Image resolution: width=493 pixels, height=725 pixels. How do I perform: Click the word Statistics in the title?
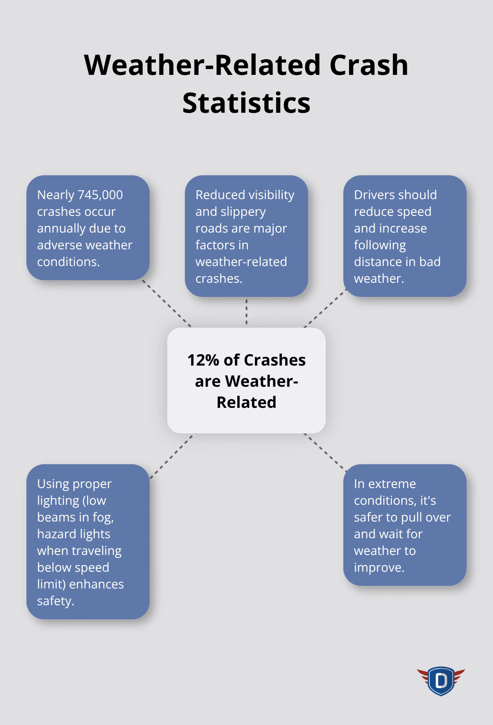tap(246, 103)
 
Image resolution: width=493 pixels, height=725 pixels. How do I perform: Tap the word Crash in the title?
tap(369, 65)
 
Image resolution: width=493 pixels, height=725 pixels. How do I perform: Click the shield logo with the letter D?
tap(441, 681)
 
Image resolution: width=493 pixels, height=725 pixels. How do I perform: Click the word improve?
tap(379, 568)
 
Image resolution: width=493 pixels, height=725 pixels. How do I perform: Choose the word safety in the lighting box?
tap(55, 601)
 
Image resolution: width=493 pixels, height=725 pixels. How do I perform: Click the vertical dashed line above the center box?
tap(246, 312)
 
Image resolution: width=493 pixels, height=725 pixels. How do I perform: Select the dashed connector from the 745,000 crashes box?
tap(166, 303)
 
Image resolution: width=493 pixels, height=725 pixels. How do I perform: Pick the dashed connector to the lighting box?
tap(172, 456)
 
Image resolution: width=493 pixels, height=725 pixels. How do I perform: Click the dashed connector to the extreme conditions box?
tap(325, 452)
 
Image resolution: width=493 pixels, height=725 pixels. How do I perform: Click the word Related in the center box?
tap(246, 402)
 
